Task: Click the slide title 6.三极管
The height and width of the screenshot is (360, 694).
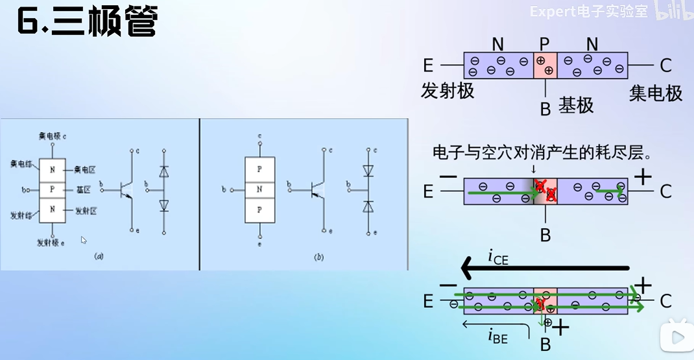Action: point(88,25)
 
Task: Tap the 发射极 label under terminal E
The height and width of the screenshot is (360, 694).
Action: point(448,91)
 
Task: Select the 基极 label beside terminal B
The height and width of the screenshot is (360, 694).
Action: point(577,104)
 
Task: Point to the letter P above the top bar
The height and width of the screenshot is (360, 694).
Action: point(544,44)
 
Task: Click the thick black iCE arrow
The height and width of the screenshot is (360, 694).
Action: point(545,267)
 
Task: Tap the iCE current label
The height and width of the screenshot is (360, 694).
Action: point(497,258)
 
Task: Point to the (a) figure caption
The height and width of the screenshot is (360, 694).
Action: point(99,256)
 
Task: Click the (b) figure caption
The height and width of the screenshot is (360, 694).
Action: point(318,257)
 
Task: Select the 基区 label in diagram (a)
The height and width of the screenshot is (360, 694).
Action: point(82,190)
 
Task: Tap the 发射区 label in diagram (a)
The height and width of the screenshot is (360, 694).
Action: point(86,211)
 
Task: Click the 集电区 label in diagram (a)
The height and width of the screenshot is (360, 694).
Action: point(85,169)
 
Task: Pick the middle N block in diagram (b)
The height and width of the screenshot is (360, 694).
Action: point(259,189)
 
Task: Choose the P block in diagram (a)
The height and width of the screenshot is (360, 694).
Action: point(52,189)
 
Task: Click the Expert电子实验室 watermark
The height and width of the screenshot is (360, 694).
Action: point(588,12)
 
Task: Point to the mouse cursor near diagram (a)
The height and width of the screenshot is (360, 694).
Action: point(84,240)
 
